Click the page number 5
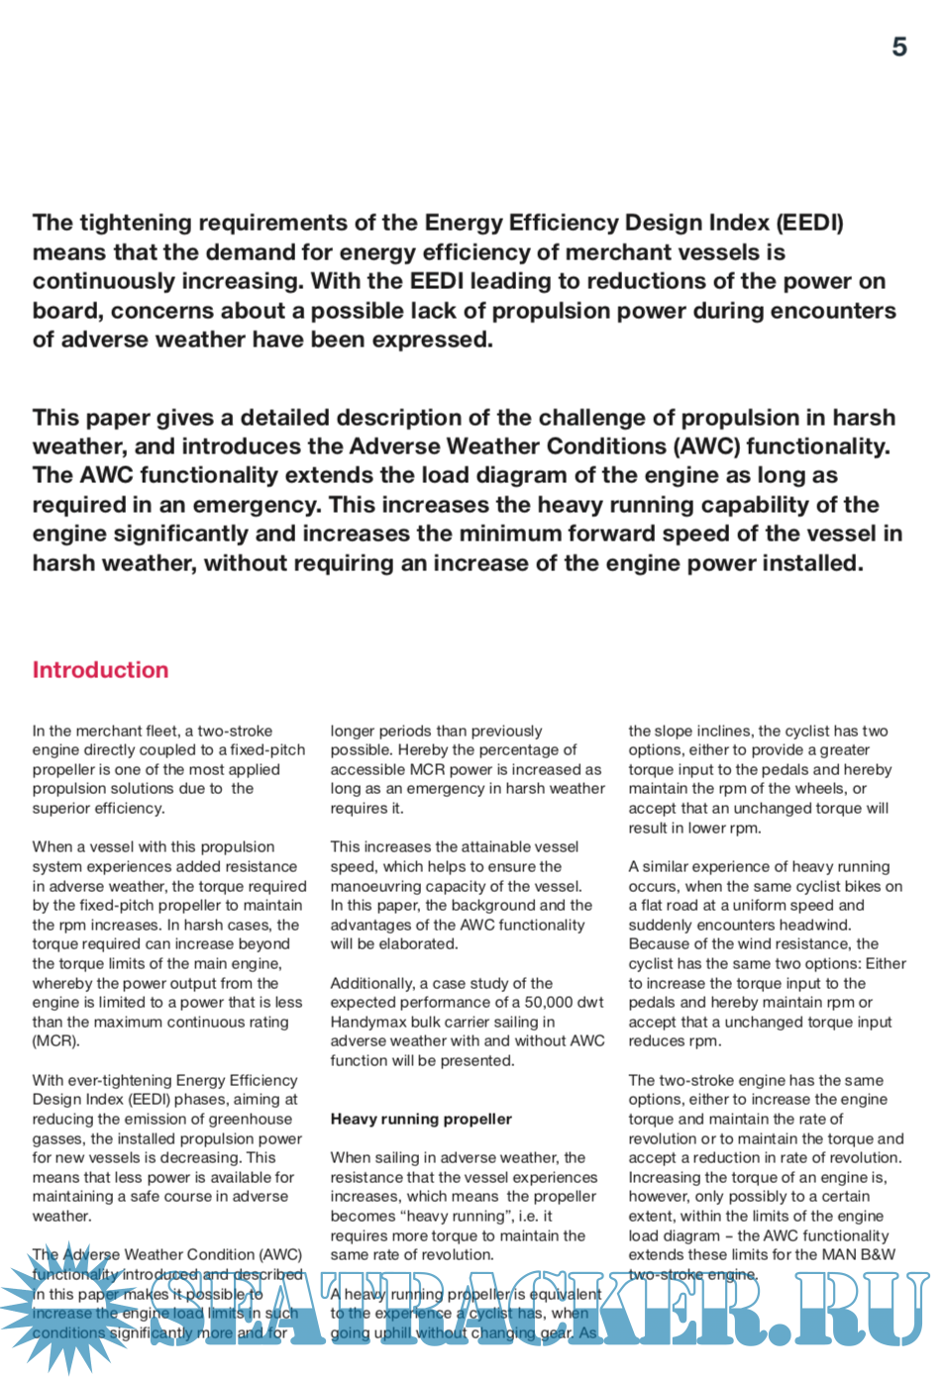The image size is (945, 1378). tap(898, 48)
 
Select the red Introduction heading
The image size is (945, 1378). tap(100, 670)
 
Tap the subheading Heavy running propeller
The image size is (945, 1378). tap(421, 1119)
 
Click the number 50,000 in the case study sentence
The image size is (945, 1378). tap(550, 1002)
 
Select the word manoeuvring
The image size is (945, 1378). tap(378, 886)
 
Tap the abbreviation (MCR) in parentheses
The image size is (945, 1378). tap(55, 1041)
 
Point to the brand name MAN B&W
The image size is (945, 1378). tap(860, 1254)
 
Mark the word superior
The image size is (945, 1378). tap(63, 808)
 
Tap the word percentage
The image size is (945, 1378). tap(518, 749)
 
